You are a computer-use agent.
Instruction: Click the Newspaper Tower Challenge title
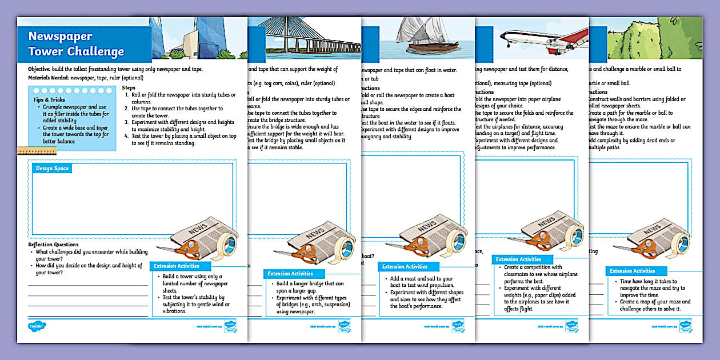tap(76, 44)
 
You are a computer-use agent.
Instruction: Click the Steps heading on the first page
tap(129, 87)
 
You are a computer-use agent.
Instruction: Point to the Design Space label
tap(52, 169)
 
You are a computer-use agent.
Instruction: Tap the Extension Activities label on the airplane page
tap(518, 259)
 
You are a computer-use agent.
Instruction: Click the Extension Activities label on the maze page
tap(632, 271)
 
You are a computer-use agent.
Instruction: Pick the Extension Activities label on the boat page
tap(405, 266)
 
